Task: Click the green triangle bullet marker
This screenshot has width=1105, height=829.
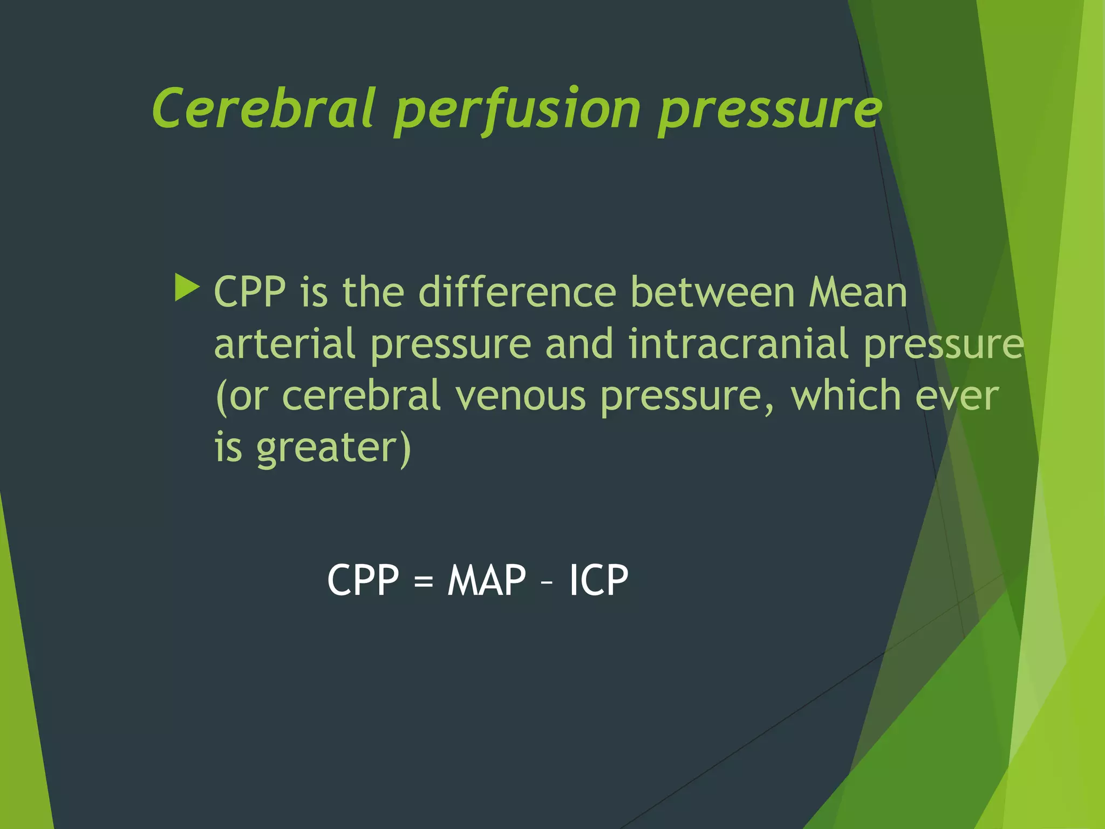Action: click(187, 288)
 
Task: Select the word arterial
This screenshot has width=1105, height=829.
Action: click(285, 344)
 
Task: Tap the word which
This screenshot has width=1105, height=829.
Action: click(846, 396)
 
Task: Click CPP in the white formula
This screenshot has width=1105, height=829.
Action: click(363, 580)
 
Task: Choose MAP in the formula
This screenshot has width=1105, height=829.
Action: click(487, 580)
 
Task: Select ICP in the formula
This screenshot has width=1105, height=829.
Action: click(599, 580)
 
